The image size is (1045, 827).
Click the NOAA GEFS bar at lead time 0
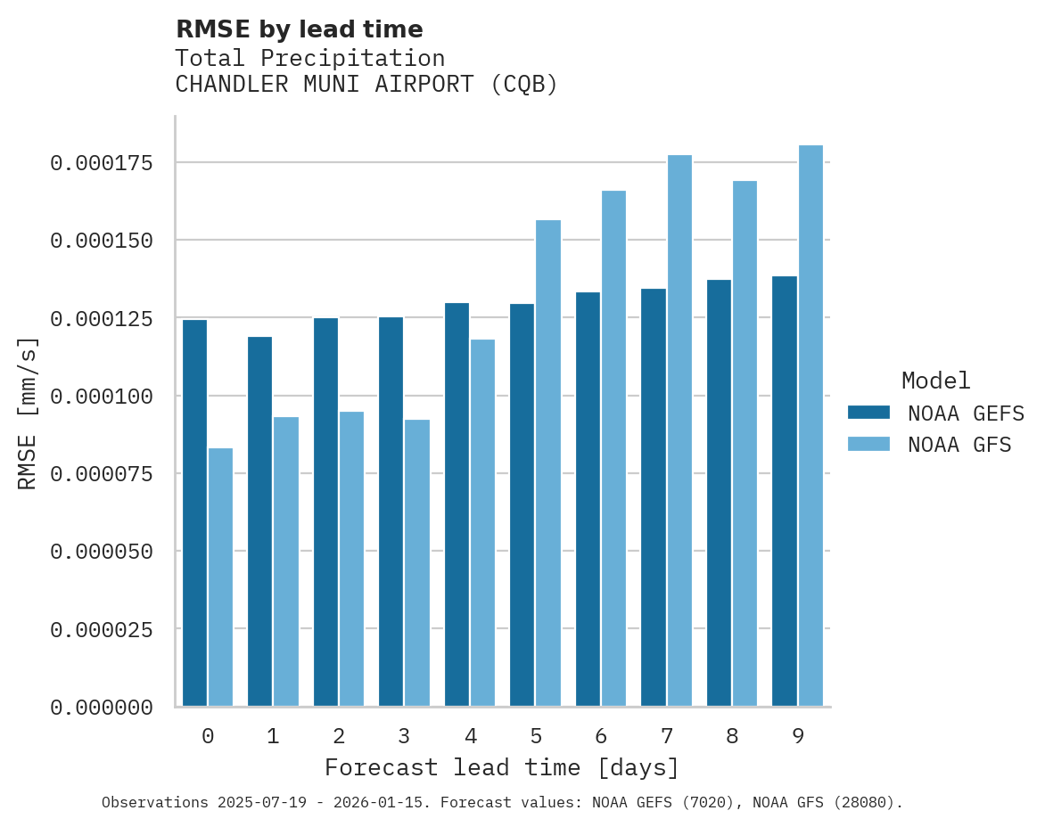[194, 512]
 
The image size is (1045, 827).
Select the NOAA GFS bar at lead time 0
[220, 577]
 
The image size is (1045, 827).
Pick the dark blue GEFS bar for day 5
[522, 504]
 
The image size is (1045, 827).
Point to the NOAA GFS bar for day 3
[417, 562]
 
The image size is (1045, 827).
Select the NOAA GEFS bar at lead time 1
[259, 521]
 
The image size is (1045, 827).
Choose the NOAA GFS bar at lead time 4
[482, 522]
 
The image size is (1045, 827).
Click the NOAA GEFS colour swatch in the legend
[868, 412]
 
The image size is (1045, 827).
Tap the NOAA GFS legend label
[959, 444]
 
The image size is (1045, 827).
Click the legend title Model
[935, 381]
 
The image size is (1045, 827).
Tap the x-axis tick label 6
[601, 736]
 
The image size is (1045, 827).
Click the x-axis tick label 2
[339, 736]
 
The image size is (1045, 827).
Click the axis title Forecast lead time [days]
[502, 767]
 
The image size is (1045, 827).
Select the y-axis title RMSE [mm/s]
[28, 413]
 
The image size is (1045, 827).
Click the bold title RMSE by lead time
[299, 29]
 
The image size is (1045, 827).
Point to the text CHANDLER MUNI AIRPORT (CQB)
[366, 85]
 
